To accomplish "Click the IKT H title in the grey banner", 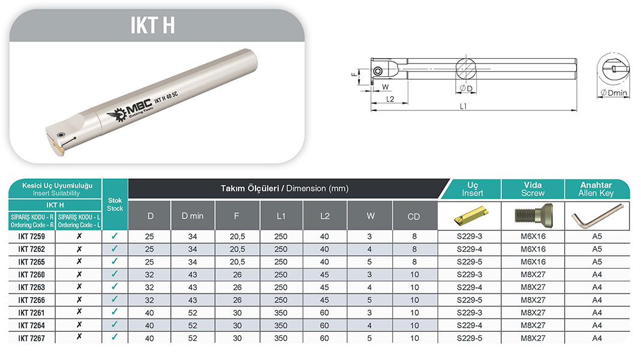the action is (152, 25).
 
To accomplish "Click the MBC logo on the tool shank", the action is (130, 111).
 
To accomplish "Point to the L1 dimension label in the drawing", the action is (463, 106).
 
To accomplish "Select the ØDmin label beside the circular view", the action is (613, 93).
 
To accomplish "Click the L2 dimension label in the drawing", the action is (390, 99).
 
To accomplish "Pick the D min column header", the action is (192, 215).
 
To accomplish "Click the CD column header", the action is (413, 217).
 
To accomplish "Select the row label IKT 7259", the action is (31, 236).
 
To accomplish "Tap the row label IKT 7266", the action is (31, 300).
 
